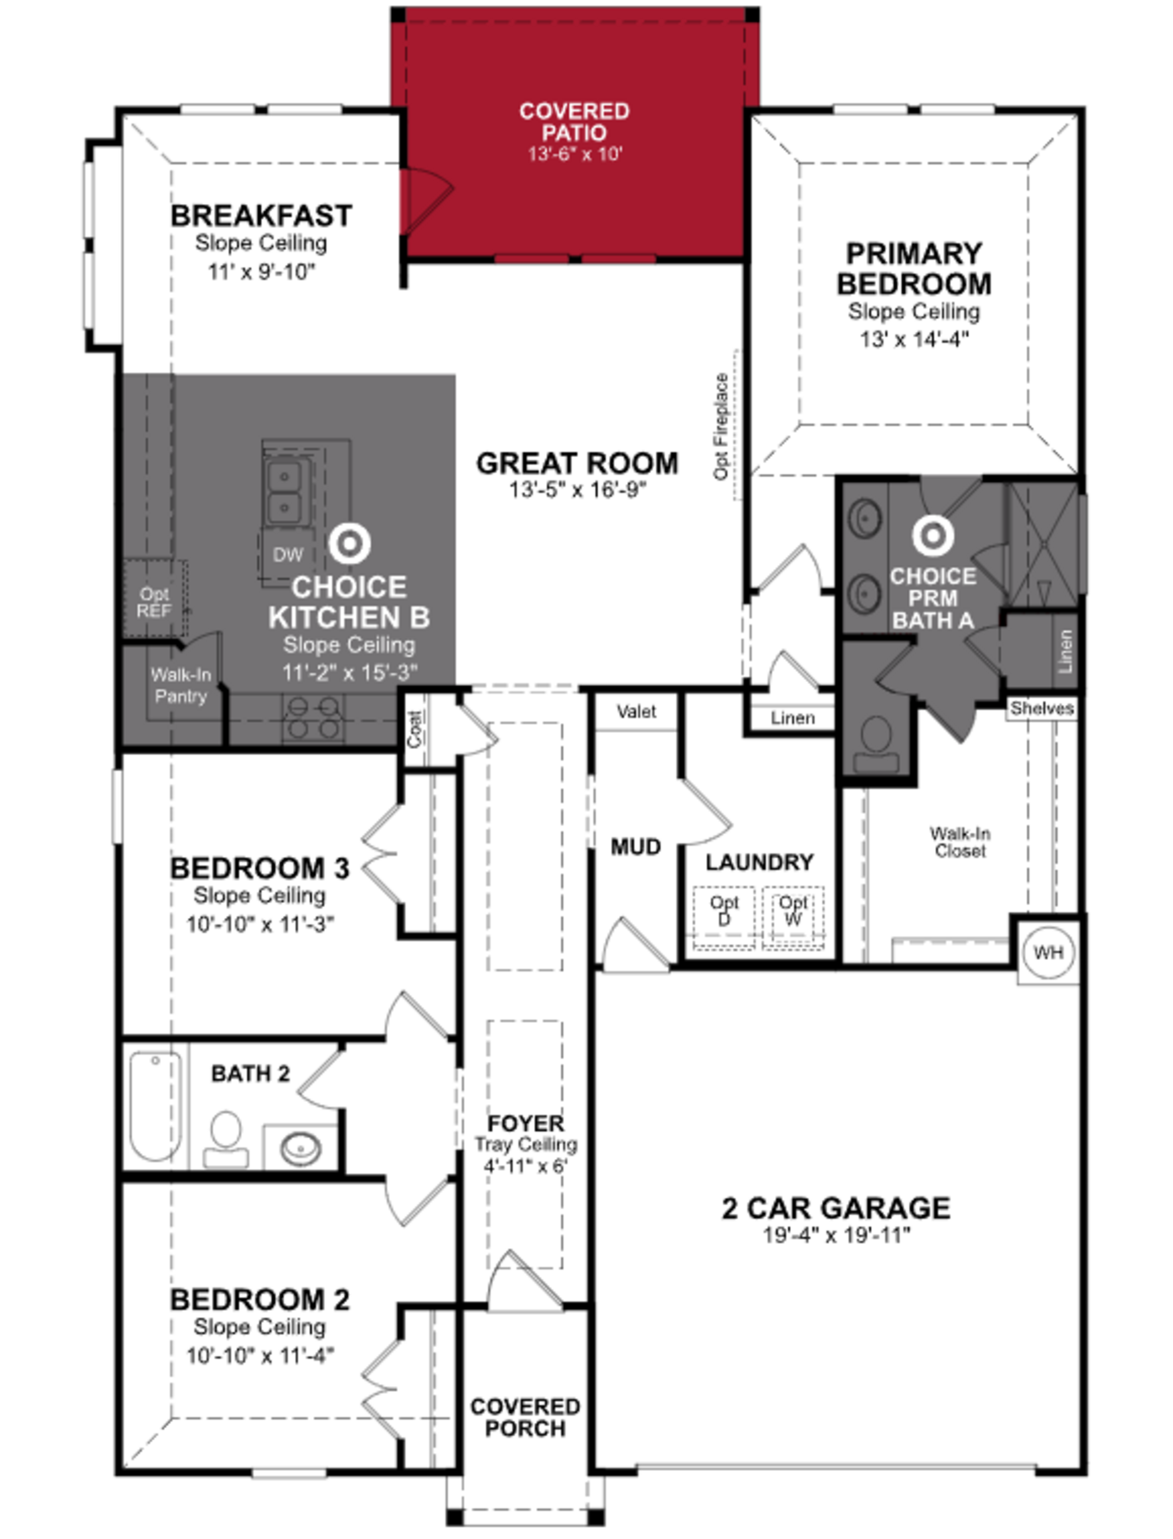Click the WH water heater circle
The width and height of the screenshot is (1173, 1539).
click(x=1048, y=952)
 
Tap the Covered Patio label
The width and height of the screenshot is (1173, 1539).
click(x=574, y=122)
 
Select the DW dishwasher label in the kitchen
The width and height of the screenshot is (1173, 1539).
click(x=288, y=555)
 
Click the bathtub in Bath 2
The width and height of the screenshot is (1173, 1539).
click(x=155, y=1106)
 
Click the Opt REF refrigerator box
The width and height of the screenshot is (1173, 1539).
click(x=154, y=602)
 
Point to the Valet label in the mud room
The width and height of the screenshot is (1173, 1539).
click(x=636, y=711)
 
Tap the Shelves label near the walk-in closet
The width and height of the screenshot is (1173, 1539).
click(x=1041, y=708)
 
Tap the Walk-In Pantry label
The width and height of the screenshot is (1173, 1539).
click(x=181, y=686)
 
